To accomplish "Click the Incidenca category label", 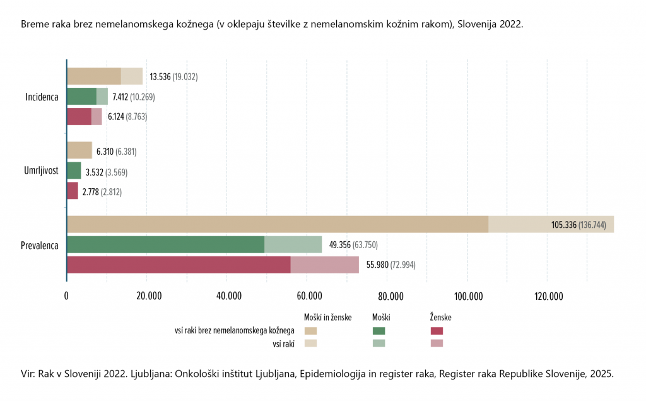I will tap(42, 97).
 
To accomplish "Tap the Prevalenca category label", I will tap(40, 245).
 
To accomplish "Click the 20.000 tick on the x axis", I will tap(146, 297).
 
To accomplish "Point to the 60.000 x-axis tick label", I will tap(306, 297).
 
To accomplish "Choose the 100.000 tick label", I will tap(466, 297).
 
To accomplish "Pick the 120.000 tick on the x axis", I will tap(546, 297).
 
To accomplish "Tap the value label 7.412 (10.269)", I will tap(133, 97).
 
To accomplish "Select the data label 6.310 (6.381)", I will tap(117, 152).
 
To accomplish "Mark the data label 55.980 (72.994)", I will tap(391, 265).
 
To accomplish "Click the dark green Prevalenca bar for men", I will tap(165, 244).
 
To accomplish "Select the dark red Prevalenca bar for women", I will tap(179, 265).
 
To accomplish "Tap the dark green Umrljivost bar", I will tap(74, 171).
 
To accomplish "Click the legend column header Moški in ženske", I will tap(327, 317).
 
